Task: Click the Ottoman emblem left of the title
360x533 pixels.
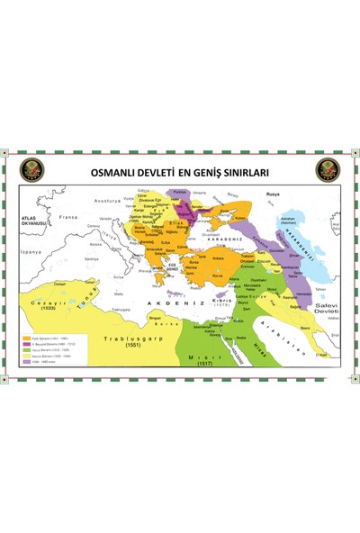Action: point(32,170)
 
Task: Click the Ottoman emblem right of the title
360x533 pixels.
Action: point(327,170)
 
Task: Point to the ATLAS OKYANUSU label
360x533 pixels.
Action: point(34,219)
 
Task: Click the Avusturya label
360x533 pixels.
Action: point(107,200)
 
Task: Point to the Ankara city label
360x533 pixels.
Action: point(216,261)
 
